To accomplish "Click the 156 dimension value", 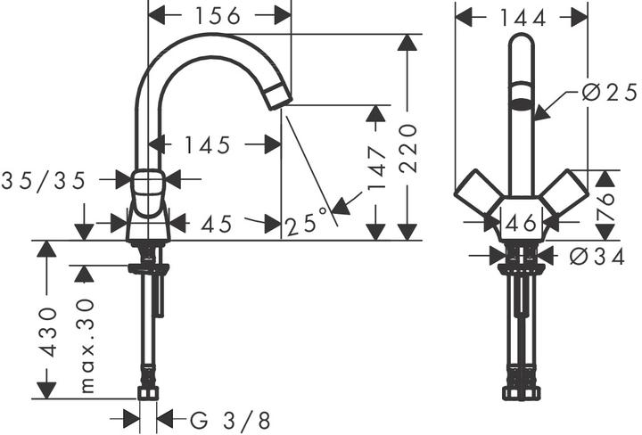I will coord(218,15).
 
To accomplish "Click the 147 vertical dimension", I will coord(377,170).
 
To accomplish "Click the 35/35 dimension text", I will coord(44,181).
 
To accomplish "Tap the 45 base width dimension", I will coord(217,225).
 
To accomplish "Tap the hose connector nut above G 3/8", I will coord(148,393).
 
